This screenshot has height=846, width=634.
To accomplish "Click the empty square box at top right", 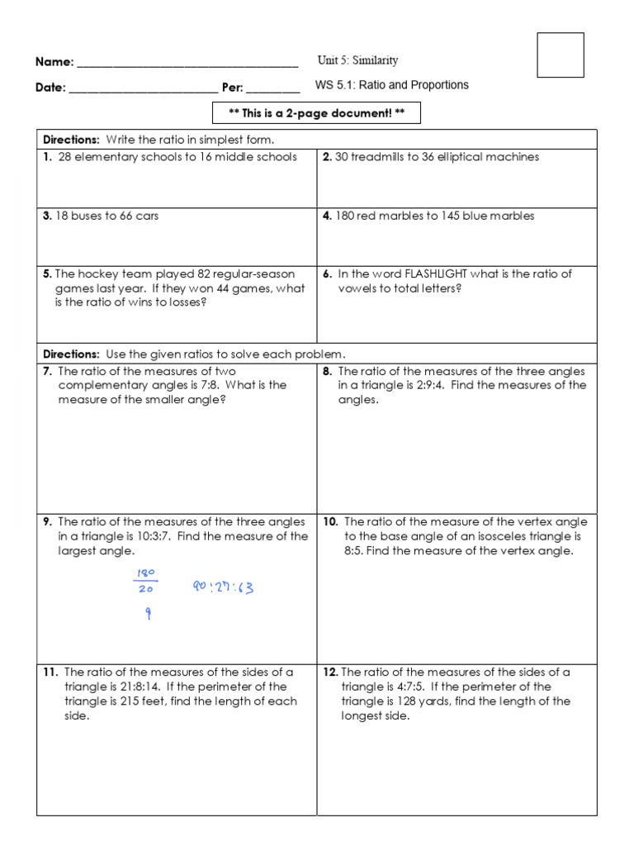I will pyautogui.click(x=561, y=55).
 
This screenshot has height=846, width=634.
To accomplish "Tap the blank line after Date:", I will pyautogui.click(x=144, y=89).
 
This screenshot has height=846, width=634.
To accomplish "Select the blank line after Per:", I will pyautogui.click(x=272, y=89).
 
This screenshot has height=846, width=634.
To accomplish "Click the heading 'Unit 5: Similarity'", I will pyautogui.click(x=357, y=60).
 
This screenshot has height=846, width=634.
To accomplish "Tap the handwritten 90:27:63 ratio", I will pyautogui.click(x=223, y=588).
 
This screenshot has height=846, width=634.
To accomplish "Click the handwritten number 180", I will pyautogui.click(x=148, y=573).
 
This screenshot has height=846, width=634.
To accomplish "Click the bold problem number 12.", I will pyautogui.click(x=330, y=673).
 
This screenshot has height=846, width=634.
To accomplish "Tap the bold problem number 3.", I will pyautogui.click(x=47, y=216).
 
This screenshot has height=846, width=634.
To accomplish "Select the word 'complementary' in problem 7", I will pyautogui.click(x=99, y=385).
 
